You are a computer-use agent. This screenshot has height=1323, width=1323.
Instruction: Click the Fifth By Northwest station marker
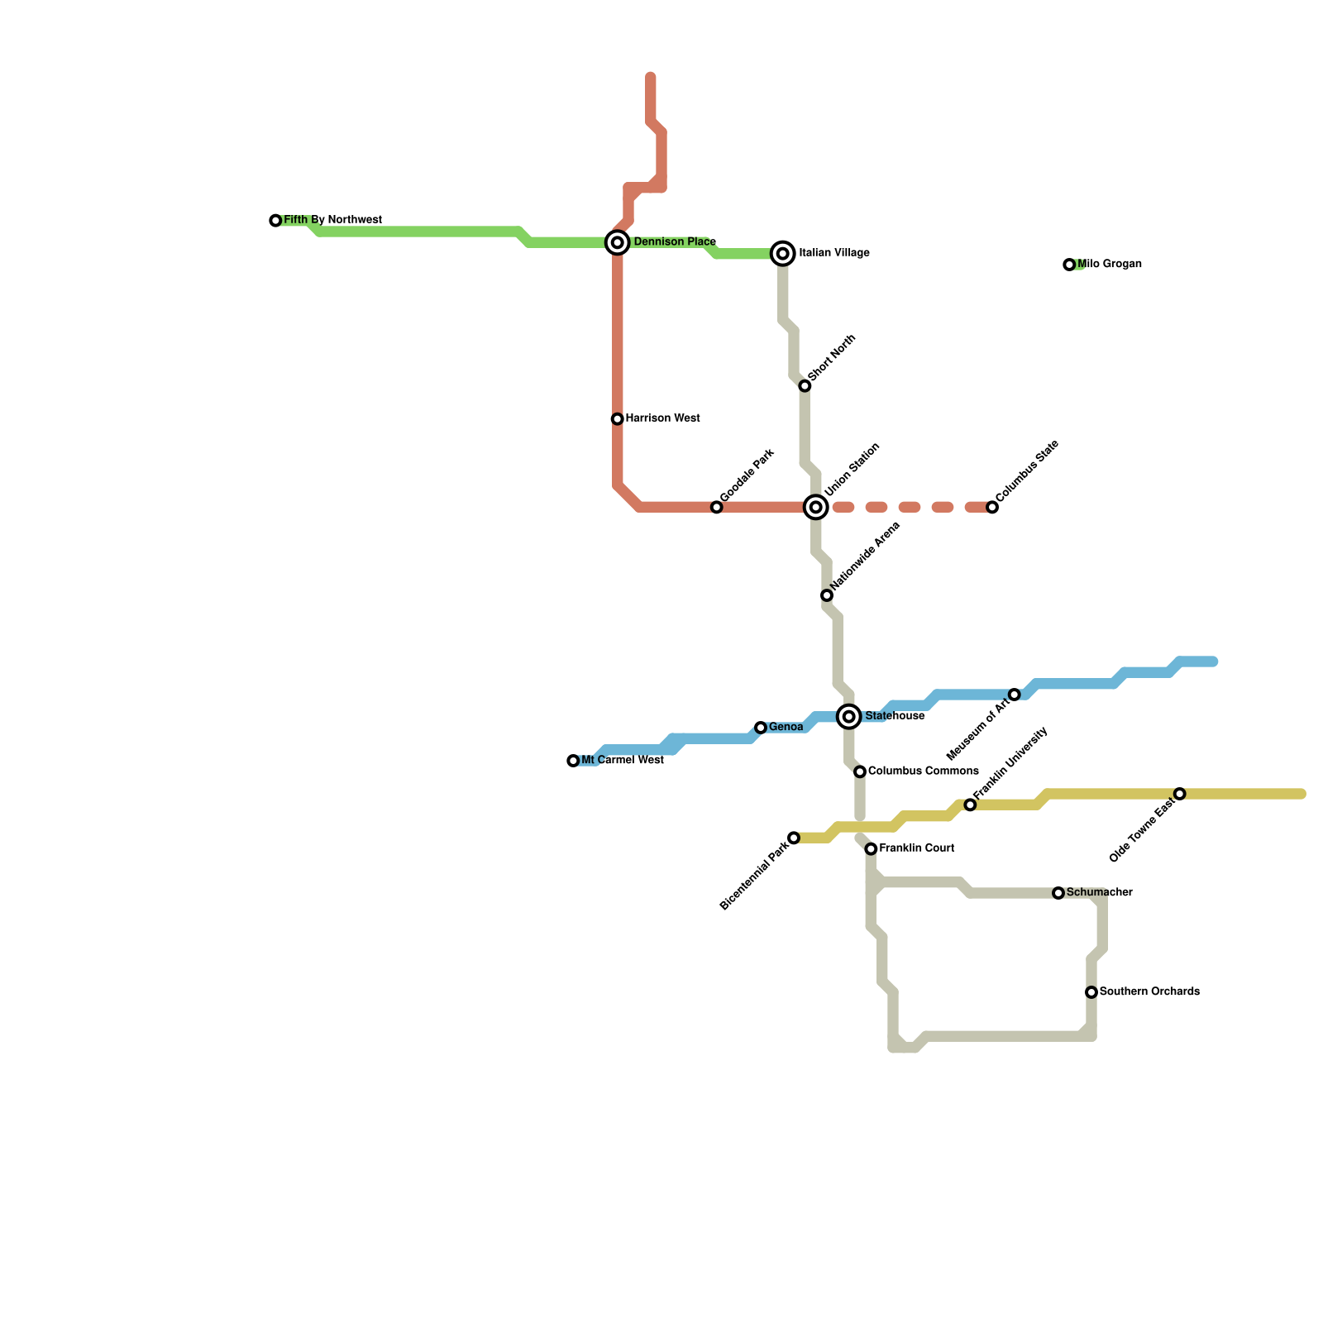point(275,221)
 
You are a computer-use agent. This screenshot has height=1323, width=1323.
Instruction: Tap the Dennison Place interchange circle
point(618,242)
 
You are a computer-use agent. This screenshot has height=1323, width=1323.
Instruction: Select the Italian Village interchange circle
point(783,253)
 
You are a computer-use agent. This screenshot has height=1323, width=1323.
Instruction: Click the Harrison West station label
point(662,418)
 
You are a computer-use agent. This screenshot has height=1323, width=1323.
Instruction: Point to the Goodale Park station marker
point(717,507)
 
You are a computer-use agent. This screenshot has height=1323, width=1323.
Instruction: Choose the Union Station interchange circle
point(816,507)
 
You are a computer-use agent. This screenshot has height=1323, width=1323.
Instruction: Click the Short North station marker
point(805,386)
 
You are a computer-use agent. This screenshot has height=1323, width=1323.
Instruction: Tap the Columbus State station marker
point(992,507)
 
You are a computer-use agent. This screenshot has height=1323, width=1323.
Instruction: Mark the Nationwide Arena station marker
point(827,595)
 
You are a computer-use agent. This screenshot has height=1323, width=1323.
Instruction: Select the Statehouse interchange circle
point(849,716)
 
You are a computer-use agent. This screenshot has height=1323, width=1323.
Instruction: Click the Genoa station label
point(786,728)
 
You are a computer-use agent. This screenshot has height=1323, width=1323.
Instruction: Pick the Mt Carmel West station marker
point(573,761)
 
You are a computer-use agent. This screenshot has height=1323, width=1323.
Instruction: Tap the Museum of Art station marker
point(1015,695)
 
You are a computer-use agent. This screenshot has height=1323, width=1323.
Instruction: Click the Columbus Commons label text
point(923,771)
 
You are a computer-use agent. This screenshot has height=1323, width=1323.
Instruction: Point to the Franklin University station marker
point(970,805)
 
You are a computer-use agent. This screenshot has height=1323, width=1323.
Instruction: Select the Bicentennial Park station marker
point(794,838)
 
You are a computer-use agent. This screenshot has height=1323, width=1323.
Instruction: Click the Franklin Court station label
point(916,848)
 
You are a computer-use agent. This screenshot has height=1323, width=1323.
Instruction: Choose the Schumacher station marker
point(1058,893)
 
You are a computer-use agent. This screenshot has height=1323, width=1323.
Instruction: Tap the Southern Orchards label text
point(1149,991)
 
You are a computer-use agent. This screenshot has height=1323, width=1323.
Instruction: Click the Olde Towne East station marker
point(1180,794)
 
